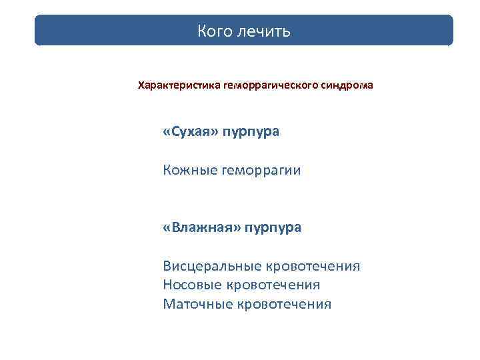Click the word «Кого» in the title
point(213,31)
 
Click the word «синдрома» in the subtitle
point(349,86)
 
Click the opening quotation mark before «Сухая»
point(167,132)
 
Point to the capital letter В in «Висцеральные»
point(167,267)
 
